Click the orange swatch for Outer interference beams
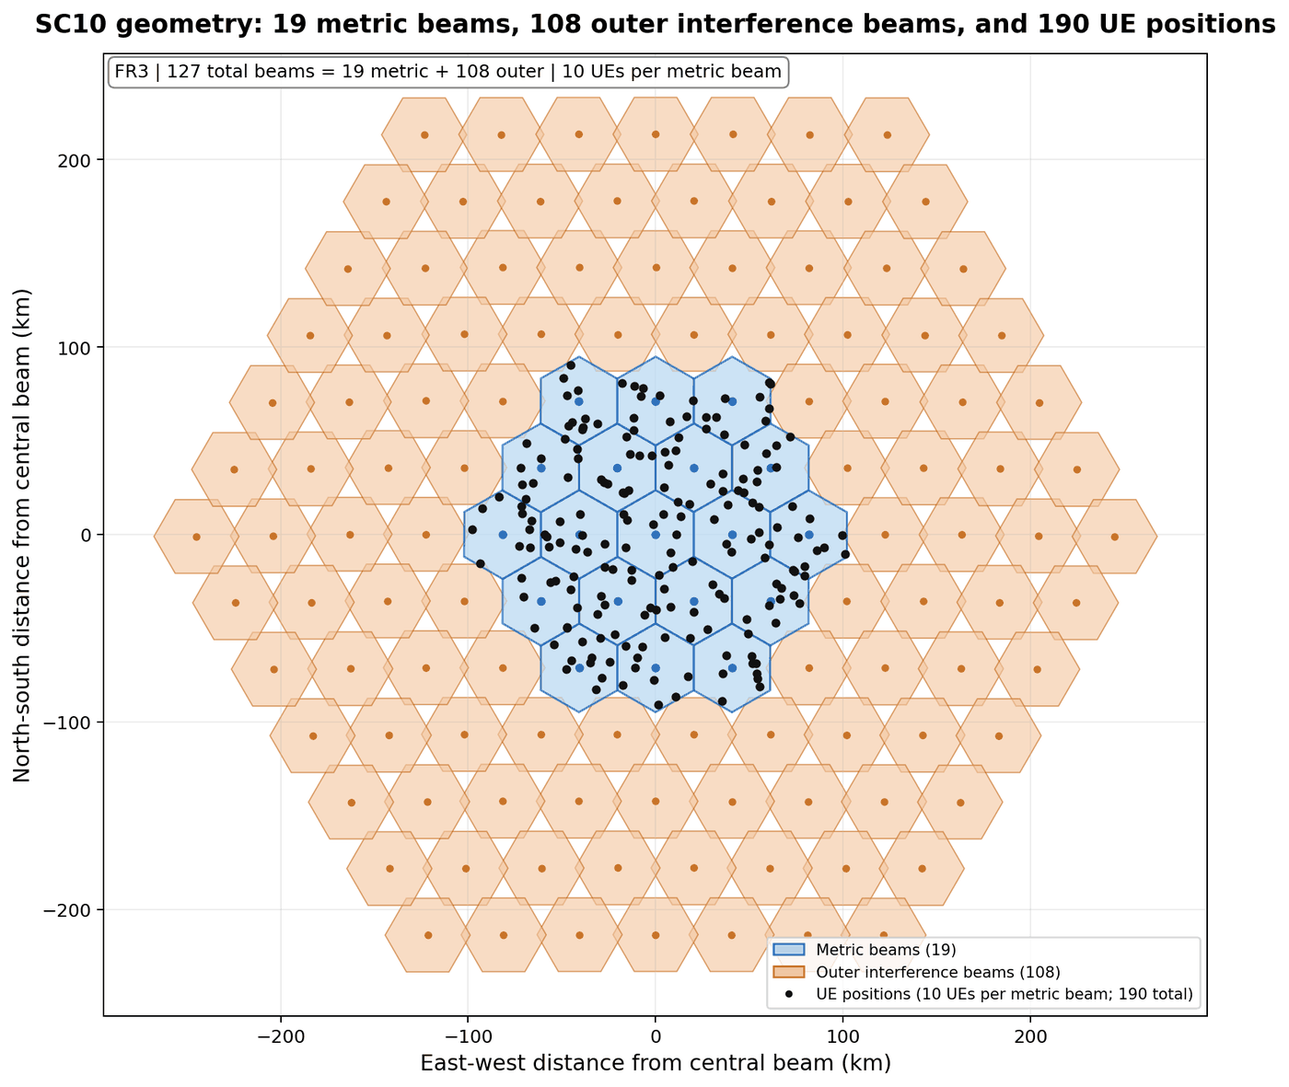(x=788, y=972)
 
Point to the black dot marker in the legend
(x=788, y=994)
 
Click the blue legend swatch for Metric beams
(x=788, y=949)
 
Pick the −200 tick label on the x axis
(x=280, y=1036)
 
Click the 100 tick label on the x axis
(x=842, y=1036)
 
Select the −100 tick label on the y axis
(x=67, y=723)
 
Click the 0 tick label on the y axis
(x=86, y=535)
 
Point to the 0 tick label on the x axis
(x=655, y=1036)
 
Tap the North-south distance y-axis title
(x=21, y=535)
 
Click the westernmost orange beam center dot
(x=196, y=537)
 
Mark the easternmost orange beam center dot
(x=1114, y=537)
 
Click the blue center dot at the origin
(x=656, y=535)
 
